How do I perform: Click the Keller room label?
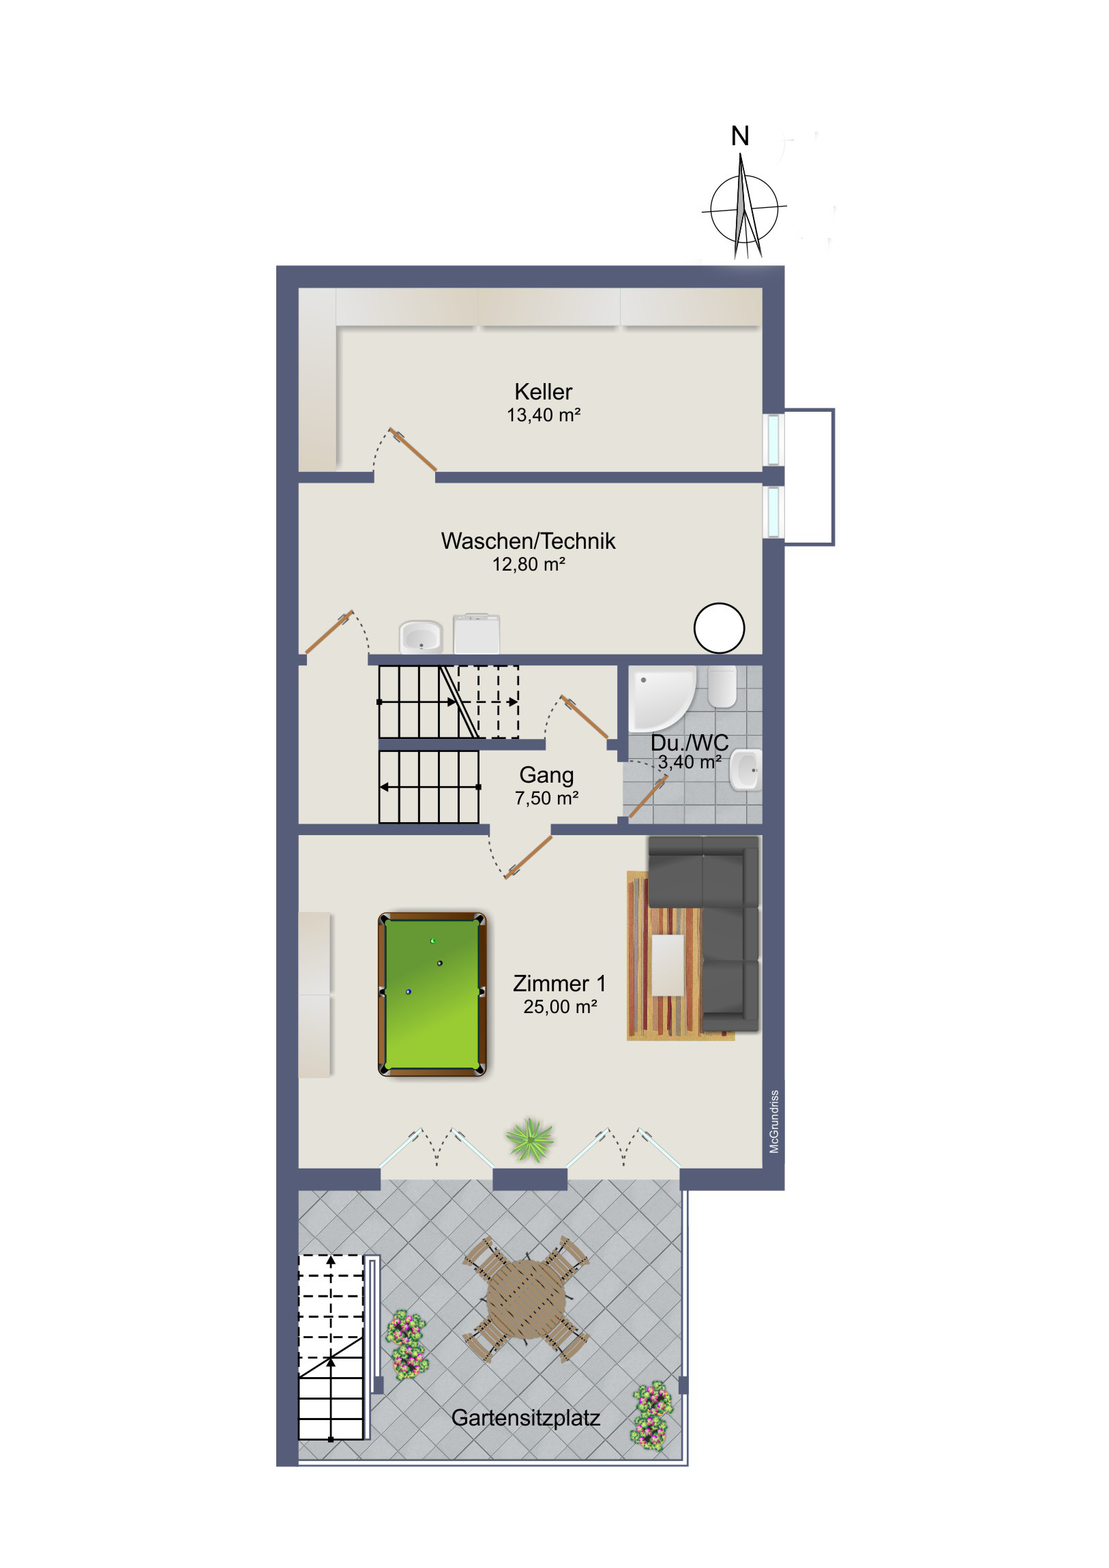point(543,392)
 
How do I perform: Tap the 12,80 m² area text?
point(529,564)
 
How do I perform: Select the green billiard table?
point(432,995)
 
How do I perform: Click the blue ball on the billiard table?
point(409,992)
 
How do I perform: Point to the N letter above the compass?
point(740,136)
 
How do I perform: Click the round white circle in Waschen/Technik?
point(719,628)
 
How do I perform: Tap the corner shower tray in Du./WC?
point(662,697)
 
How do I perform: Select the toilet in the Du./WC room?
point(722,687)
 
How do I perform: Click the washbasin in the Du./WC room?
point(745,770)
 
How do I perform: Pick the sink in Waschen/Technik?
point(421,637)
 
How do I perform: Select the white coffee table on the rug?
point(668,965)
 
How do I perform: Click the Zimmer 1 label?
point(559,984)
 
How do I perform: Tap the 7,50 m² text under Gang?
point(546,798)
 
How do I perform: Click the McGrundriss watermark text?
point(774,1121)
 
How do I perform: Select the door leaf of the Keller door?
point(413,449)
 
